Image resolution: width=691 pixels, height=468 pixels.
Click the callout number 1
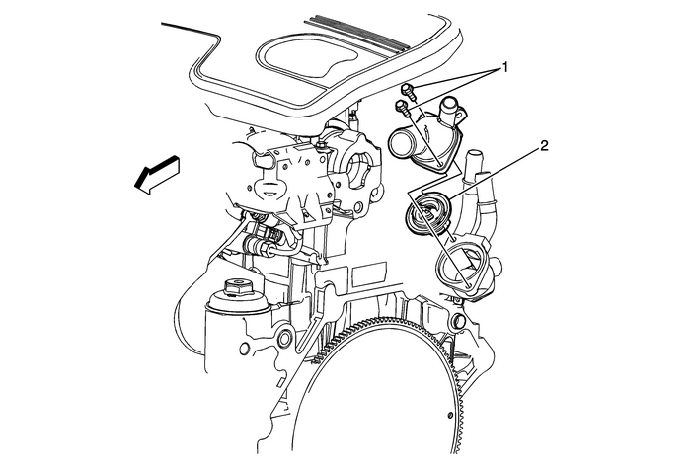click(x=505, y=67)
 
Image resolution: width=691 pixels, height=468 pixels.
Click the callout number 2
click(x=544, y=146)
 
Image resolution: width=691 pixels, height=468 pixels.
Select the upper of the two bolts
click(x=408, y=91)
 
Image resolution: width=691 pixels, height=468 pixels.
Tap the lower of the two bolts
click(x=403, y=107)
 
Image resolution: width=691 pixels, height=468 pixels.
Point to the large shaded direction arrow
click(x=156, y=174)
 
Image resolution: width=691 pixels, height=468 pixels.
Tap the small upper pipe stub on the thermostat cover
click(x=448, y=107)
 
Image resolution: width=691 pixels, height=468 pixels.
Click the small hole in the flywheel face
click(x=449, y=415)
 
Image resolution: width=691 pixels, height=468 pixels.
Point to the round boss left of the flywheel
click(x=284, y=338)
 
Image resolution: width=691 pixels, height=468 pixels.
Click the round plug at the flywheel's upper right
click(x=458, y=321)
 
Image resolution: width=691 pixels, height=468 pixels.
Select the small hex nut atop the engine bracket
click(x=321, y=145)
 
